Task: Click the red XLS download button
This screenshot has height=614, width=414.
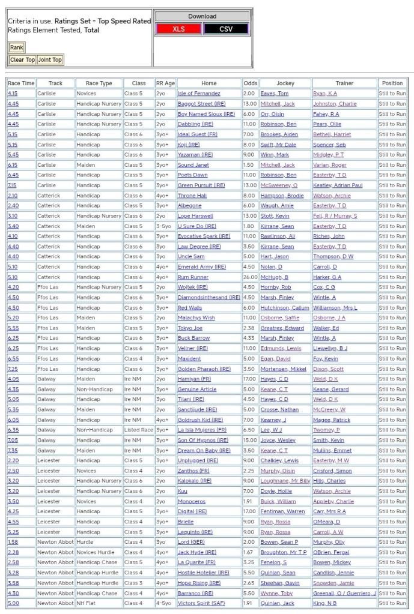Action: click(178, 29)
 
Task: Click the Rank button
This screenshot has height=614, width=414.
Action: click(16, 47)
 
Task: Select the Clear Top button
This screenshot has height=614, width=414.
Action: click(22, 60)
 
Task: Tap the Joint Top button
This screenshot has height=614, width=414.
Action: click(50, 60)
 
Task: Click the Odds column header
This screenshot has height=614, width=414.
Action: click(251, 83)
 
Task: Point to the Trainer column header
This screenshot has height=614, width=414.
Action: click(344, 83)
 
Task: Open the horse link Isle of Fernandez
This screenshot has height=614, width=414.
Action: click(199, 94)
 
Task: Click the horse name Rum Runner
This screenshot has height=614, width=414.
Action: click(193, 277)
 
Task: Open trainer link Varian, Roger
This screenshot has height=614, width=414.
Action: click(329, 165)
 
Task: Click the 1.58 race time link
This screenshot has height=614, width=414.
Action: click(13, 542)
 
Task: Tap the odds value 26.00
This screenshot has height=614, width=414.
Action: click(249, 277)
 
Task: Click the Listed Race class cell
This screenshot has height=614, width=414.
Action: click(138, 430)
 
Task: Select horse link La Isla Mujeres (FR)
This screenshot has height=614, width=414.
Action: click(202, 430)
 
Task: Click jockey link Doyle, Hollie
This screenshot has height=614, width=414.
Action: click(276, 491)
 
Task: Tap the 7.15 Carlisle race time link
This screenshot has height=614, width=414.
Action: click(12, 185)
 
